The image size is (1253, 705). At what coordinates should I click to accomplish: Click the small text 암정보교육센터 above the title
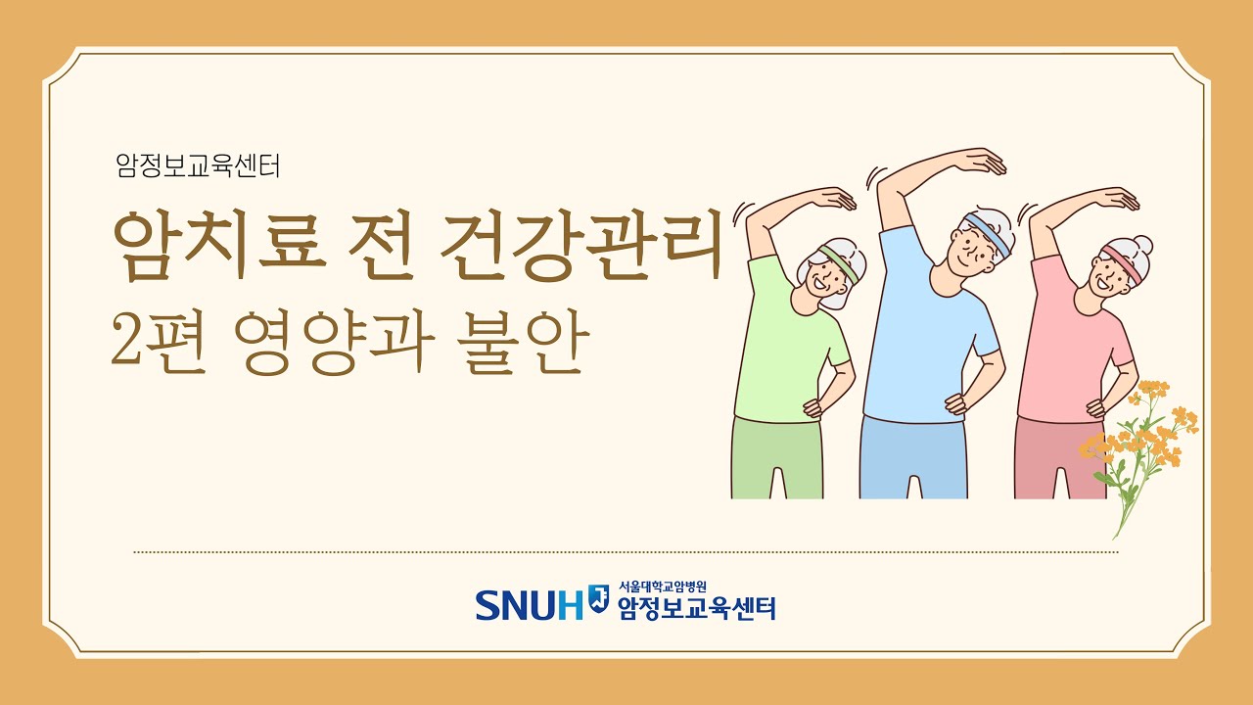point(198,167)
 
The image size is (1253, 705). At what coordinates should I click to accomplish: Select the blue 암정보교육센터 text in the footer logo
point(696,608)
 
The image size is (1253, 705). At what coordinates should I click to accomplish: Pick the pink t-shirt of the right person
point(1067,343)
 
